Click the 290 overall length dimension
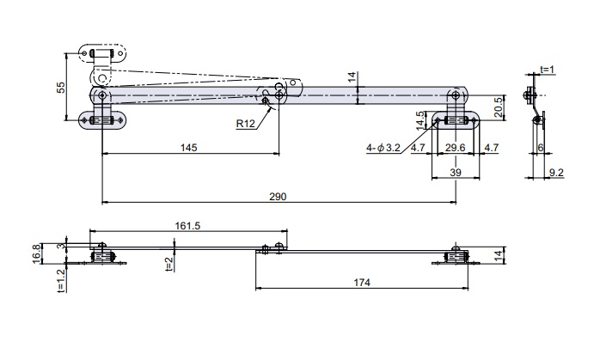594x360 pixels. pos(278,197)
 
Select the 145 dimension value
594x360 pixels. pos(188,148)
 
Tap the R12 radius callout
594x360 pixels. pos(246,124)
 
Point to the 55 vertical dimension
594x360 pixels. pos(61,88)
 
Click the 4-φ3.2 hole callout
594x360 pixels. pos(383,148)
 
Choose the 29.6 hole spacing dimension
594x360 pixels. pos(455,148)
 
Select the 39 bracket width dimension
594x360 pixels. pos(456,173)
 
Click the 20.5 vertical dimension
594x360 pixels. pos(499,107)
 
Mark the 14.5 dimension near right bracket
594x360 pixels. pos(421,120)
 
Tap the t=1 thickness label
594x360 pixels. pos(547,70)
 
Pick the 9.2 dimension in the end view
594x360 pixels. pos(556,173)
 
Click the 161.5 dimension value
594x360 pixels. pos(187,226)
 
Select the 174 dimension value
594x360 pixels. pos(362,283)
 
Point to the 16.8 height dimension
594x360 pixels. pos(37,253)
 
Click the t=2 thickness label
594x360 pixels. pos(169,264)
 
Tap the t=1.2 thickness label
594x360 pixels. pos(61,280)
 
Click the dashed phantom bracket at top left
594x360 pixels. pos(102,53)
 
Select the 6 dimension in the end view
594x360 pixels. pos(541,148)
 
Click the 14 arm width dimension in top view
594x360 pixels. pos(352,77)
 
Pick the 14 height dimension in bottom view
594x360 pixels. pos(500,254)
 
